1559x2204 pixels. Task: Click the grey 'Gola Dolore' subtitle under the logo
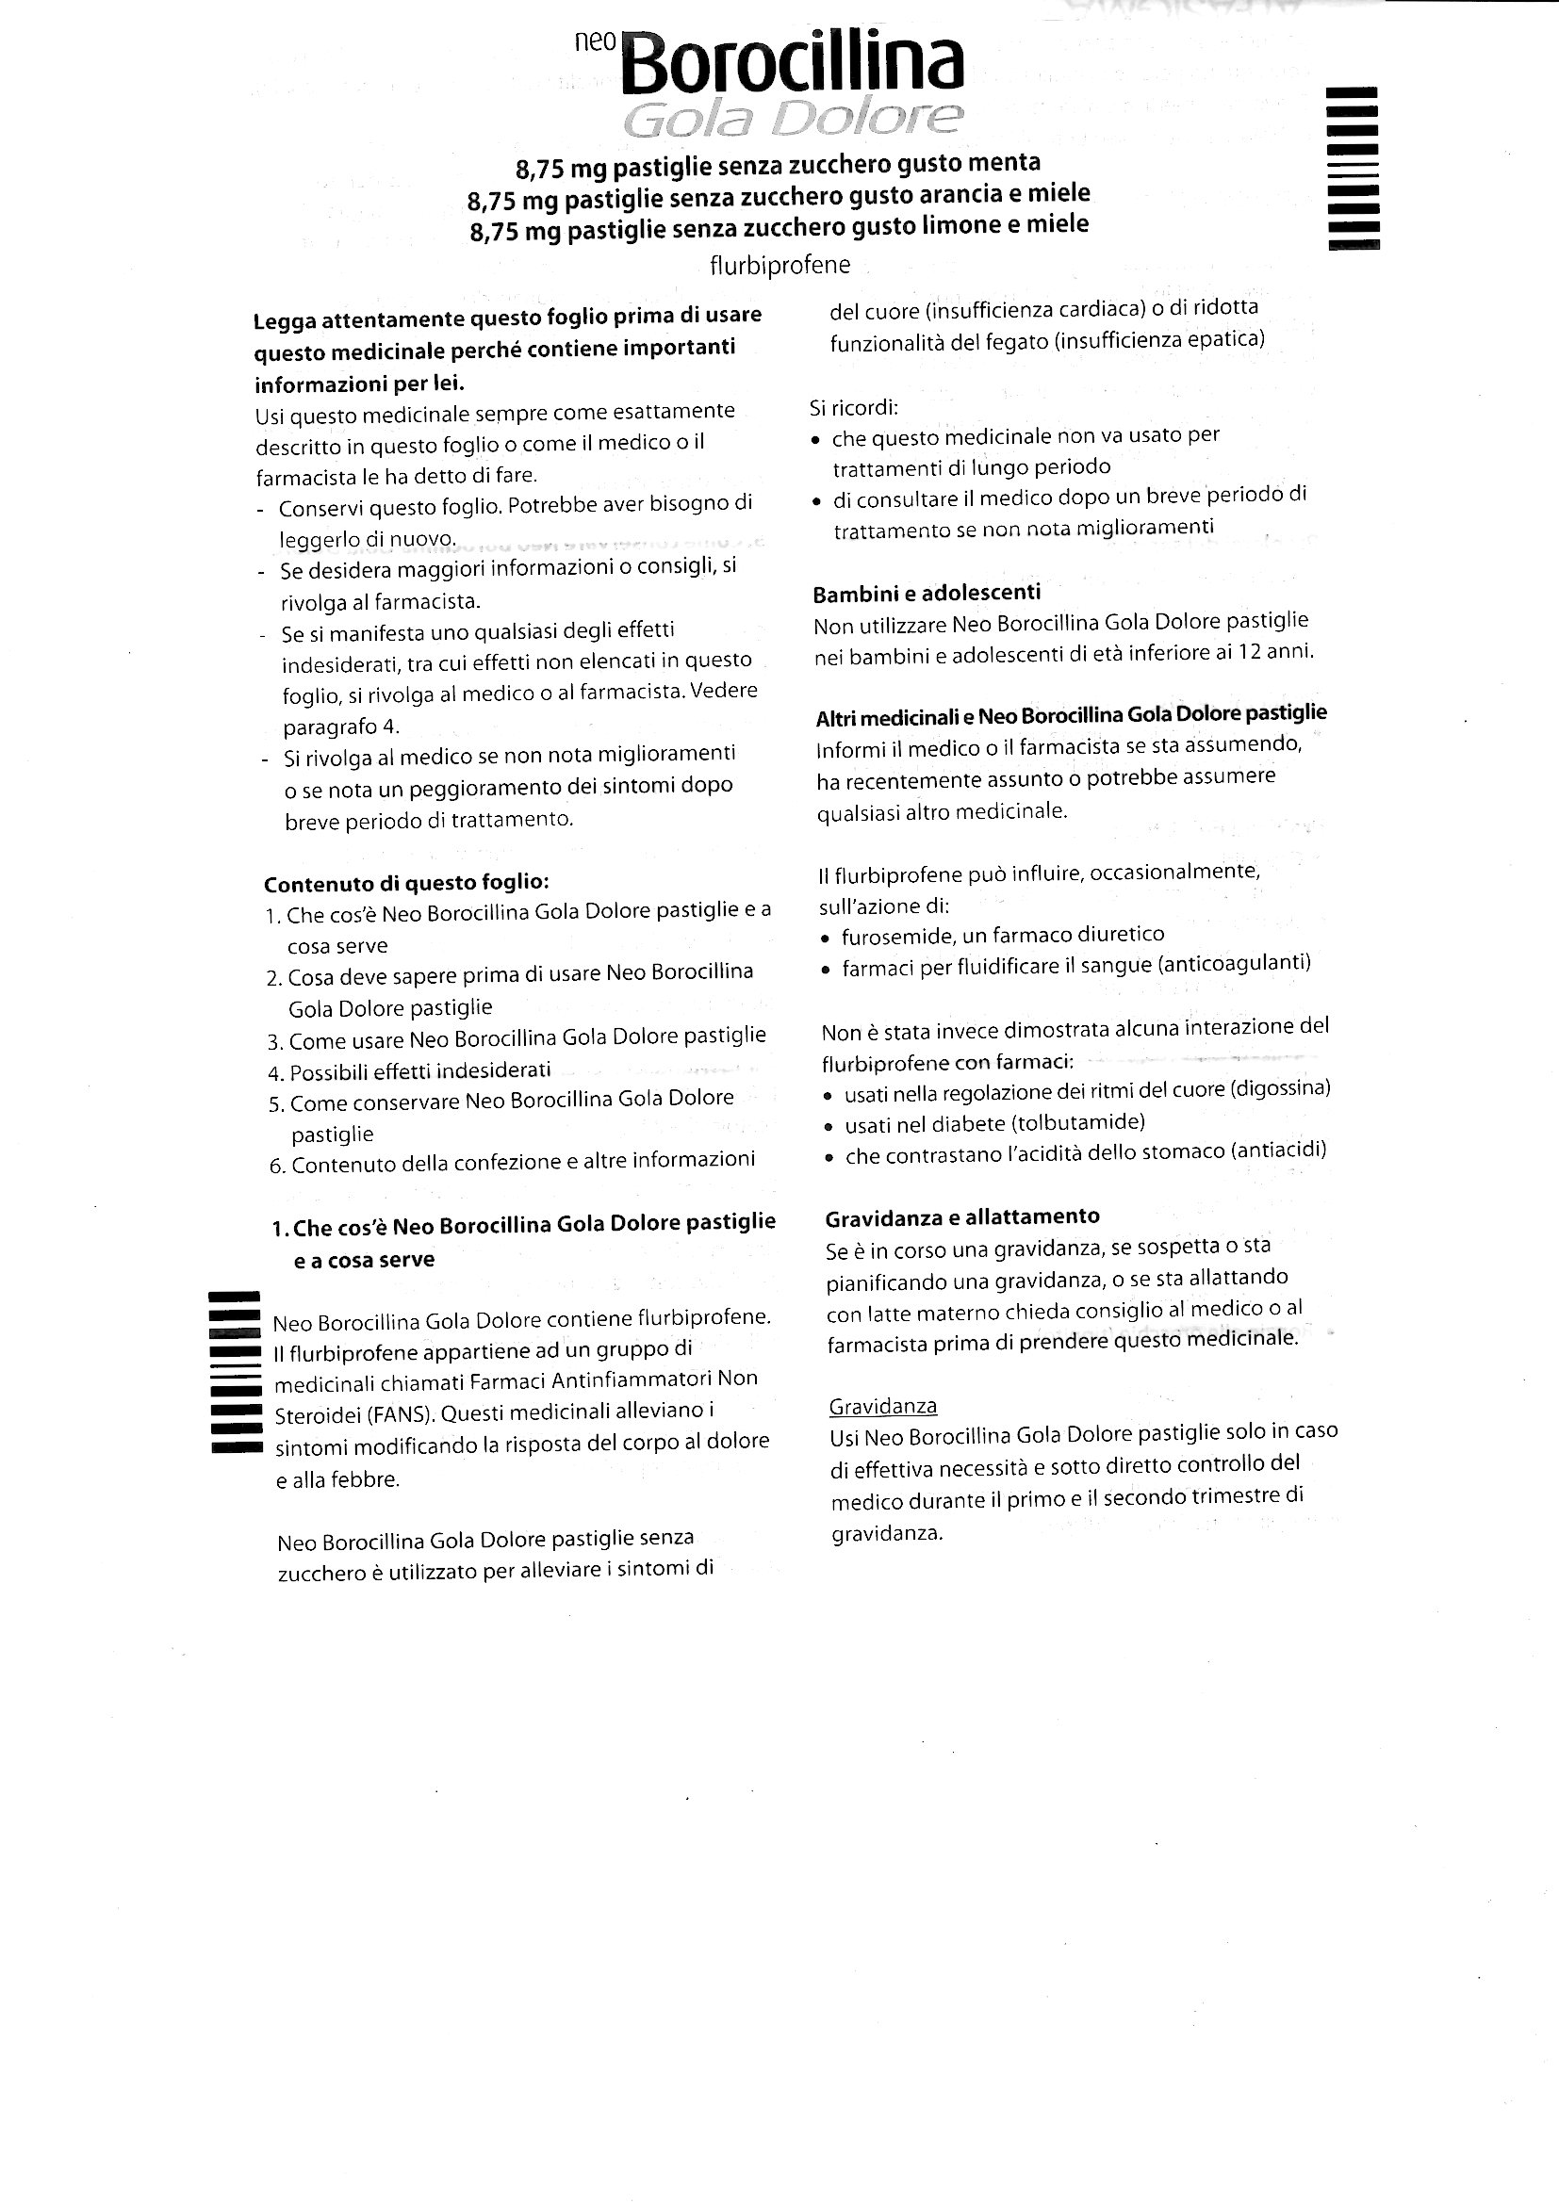(x=792, y=120)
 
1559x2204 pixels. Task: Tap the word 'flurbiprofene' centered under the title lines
(x=779, y=265)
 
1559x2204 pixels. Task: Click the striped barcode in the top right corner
(x=1353, y=168)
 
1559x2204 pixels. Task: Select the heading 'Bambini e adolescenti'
(x=927, y=594)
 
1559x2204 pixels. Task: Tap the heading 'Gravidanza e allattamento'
(x=962, y=1217)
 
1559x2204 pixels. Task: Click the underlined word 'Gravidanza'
(x=882, y=1406)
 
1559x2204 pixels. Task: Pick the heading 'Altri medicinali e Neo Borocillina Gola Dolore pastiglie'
(x=1072, y=714)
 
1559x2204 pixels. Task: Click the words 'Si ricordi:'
(x=853, y=408)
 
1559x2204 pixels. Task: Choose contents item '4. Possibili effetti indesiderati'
(x=410, y=1070)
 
